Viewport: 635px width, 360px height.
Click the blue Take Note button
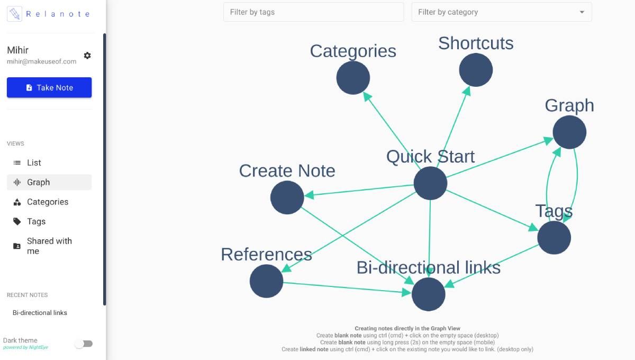[x=49, y=87]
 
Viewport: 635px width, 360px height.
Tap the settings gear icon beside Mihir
[x=87, y=56]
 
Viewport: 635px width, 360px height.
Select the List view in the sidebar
[x=34, y=163]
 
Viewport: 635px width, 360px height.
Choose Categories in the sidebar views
[x=48, y=202]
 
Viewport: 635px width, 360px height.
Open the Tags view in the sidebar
[x=36, y=221]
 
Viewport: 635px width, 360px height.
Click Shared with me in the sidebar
[x=49, y=246]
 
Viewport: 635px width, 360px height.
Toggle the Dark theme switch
[x=84, y=344]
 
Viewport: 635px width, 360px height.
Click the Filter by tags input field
[x=313, y=12]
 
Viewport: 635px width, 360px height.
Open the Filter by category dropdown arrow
[x=582, y=12]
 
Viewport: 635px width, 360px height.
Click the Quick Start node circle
[x=430, y=183]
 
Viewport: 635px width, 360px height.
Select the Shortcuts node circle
[x=476, y=70]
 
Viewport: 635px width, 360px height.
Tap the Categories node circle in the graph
[x=353, y=78]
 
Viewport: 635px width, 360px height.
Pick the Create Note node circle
[x=287, y=197]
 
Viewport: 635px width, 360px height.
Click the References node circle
[x=266, y=281]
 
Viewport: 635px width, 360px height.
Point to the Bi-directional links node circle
[x=428, y=294]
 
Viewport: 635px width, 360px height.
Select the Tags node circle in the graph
[x=554, y=238]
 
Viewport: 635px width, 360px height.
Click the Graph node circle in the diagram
[x=569, y=132]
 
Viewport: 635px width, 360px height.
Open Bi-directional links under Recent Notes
[x=40, y=313]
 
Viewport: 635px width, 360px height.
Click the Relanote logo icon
[x=15, y=14]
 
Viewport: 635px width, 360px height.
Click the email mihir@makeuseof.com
[x=41, y=61]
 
